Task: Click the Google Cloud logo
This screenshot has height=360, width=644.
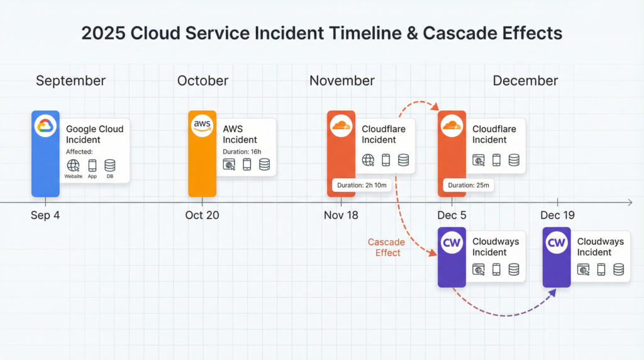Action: tap(45, 126)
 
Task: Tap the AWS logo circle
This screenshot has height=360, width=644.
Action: tap(202, 126)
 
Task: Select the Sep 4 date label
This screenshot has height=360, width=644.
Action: tap(45, 215)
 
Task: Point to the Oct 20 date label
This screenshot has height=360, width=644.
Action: tap(202, 215)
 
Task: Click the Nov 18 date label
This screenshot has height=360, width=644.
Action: tap(341, 215)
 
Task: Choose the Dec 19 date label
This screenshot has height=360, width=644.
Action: tap(557, 215)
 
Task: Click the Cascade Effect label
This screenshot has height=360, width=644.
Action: tap(387, 247)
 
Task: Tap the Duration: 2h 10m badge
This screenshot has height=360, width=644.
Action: tap(362, 185)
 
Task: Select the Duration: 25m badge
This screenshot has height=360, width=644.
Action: tap(469, 185)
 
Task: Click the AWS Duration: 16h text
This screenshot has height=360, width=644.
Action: tap(242, 152)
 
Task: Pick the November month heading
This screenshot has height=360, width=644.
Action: tap(342, 81)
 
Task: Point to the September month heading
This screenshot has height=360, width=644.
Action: tap(70, 81)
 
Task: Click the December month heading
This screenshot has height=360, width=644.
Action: tap(525, 81)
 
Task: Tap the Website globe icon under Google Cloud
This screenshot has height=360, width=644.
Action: tap(73, 166)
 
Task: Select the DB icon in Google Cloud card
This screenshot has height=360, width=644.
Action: tap(109, 166)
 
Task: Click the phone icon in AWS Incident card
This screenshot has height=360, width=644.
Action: tap(247, 164)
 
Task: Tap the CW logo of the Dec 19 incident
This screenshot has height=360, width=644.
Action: tap(557, 242)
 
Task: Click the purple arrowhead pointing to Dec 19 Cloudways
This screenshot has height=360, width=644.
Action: tap(553, 292)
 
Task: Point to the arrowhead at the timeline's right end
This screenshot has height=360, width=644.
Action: tap(630, 202)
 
